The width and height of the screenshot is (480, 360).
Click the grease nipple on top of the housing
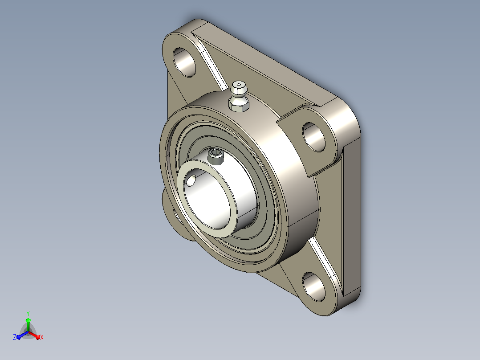tap(239, 96)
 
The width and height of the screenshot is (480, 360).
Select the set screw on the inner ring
tap(216, 156)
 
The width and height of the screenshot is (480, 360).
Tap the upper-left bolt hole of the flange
tap(184, 62)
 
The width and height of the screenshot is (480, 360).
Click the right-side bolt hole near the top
tap(313, 137)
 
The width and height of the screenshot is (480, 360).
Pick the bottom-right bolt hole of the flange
tap(313, 286)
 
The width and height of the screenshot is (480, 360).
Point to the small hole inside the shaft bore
tap(191, 181)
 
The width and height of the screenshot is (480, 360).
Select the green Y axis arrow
tap(28, 324)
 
